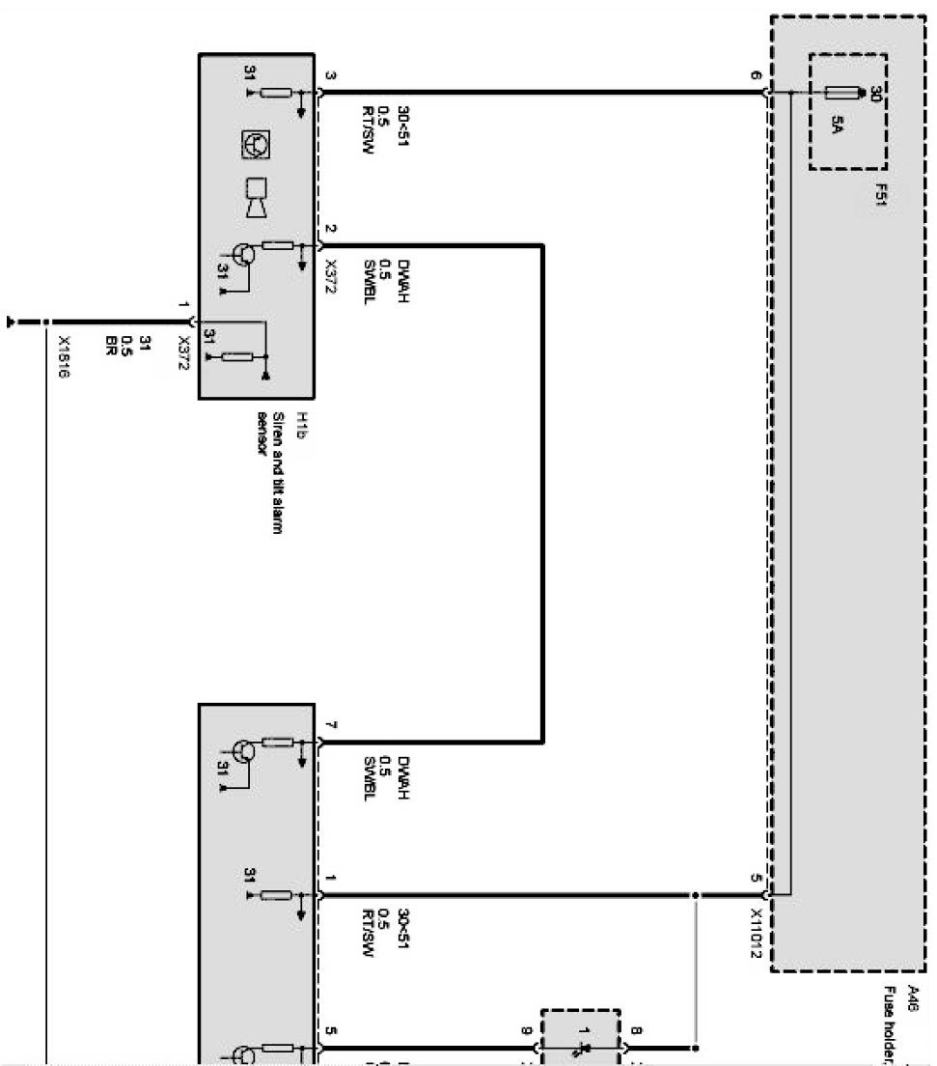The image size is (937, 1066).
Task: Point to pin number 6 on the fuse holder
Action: (756, 76)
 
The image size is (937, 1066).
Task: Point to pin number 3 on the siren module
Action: (330, 76)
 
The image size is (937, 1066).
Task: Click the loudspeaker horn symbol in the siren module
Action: (257, 197)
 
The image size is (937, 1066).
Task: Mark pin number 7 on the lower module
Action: (330, 725)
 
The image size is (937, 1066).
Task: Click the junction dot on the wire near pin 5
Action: (694, 895)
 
